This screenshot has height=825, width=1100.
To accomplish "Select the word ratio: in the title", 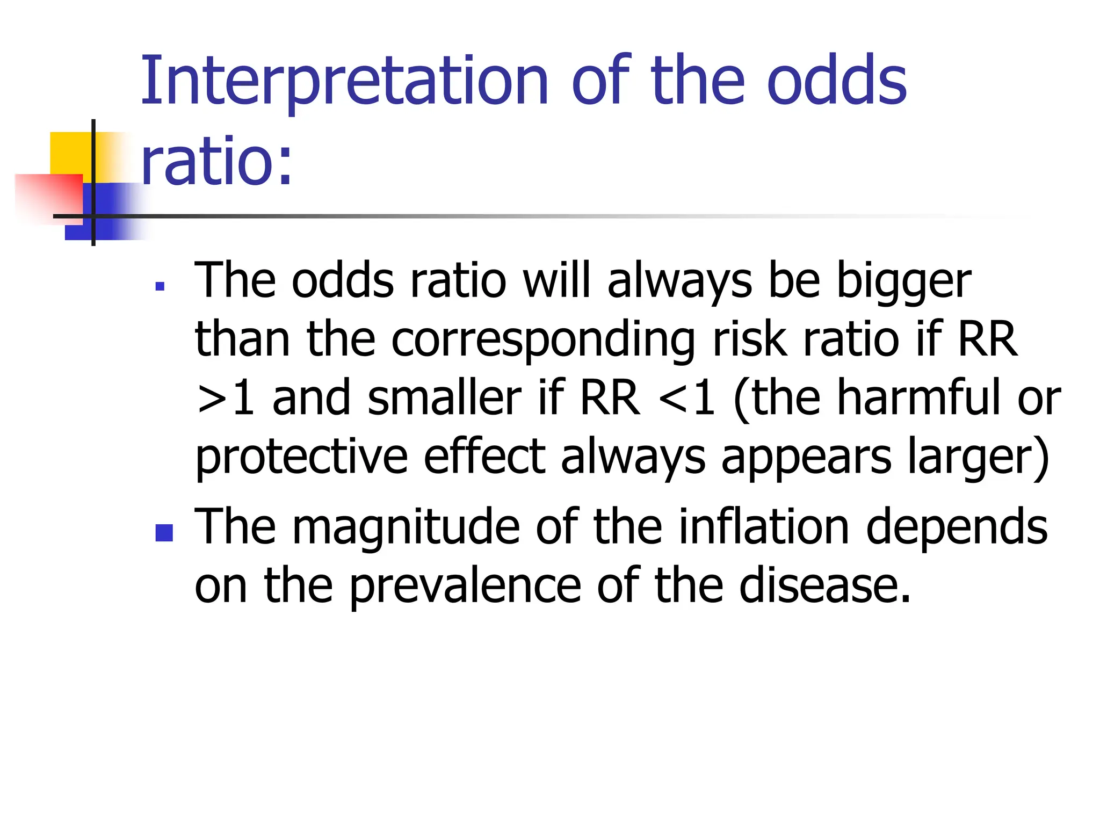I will click(216, 161).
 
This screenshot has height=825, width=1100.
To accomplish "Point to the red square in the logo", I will click(48, 196).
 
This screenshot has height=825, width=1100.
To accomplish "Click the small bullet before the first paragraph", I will click(160, 286).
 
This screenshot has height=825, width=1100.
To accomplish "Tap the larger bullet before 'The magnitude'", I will click(164, 533).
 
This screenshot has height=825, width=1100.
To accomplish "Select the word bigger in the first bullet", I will click(903, 282).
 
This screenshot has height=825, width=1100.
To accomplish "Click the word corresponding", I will click(543, 341).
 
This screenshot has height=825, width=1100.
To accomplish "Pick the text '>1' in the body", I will click(225, 399).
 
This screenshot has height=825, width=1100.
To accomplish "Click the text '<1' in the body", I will click(687, 399).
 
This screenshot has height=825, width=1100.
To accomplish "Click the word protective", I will click(301, 458).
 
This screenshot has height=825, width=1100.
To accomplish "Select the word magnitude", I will click(406, 528).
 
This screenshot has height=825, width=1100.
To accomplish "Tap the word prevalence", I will click(465, 587).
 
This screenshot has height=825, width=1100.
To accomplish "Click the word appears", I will click(806, 458).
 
